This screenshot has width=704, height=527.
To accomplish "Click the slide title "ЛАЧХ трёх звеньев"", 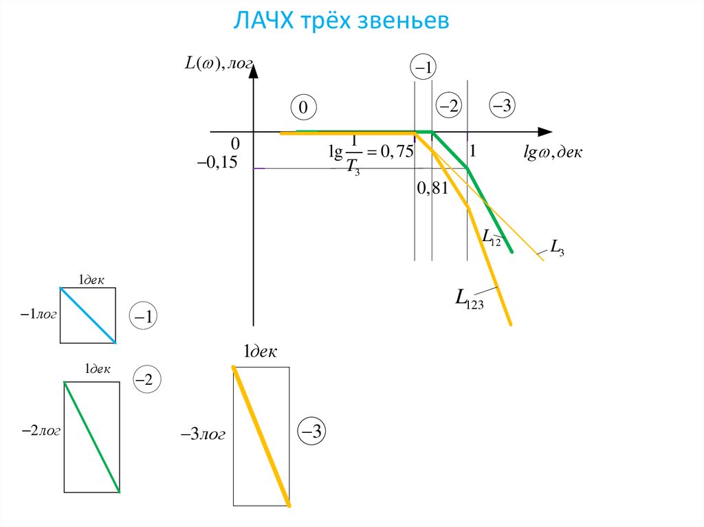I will [x=341, y=21].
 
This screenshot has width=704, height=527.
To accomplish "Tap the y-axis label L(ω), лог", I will [x=219, y=63].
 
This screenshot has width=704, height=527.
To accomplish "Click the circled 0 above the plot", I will [x=303, y=108].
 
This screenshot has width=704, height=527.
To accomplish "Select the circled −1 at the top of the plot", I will [x=423, y=67].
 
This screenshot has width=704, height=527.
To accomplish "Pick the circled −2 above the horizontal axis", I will [x=450, y=106].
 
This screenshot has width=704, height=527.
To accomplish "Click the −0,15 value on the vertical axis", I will [x=217, y=162].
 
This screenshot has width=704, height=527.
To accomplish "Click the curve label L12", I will [x=491, y=237].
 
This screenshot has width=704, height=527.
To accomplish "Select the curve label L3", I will [x=558, y=249].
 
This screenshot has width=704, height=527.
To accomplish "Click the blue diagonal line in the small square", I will [x=88, y=315].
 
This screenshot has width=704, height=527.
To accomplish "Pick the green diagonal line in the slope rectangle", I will [x=91, y=437].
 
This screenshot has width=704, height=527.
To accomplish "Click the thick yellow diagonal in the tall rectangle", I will [x=261, y=438].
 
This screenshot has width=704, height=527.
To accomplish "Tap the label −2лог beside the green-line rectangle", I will [x=41, y=431].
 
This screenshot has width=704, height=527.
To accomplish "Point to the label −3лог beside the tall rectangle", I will [x=203, y=435].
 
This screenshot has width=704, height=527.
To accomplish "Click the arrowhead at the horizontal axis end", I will [x=544, y=131].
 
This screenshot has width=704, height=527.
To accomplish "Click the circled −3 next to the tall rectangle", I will [x=311, y=431].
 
